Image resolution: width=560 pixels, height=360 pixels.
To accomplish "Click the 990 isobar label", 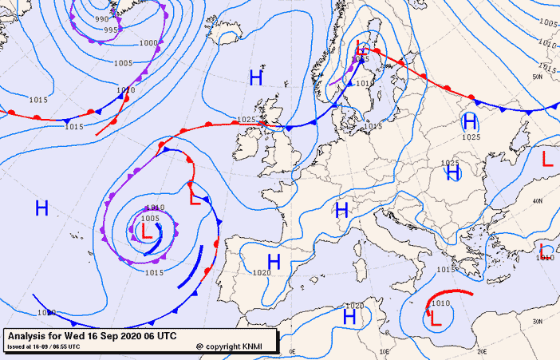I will pos(101,19).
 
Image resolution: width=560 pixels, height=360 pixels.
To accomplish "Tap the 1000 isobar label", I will pos(148,43).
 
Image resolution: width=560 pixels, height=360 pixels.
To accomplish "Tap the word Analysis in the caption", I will pos(29,337).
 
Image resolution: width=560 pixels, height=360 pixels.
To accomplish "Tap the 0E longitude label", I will pos(292,351).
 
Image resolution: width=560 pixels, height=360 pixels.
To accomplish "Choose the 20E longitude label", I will pos(481,351).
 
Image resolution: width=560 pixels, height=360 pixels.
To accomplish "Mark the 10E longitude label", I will pos(387,351).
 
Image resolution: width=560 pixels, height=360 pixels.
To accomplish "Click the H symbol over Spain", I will pos(274,262).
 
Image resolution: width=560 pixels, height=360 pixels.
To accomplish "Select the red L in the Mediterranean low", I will pos(435,318).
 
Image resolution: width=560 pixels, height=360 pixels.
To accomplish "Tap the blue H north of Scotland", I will pos(255,77).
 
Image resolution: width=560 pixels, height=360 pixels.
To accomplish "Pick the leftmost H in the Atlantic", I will pos(41,209).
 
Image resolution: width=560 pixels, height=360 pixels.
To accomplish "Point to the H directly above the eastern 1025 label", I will pos(471,122).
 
